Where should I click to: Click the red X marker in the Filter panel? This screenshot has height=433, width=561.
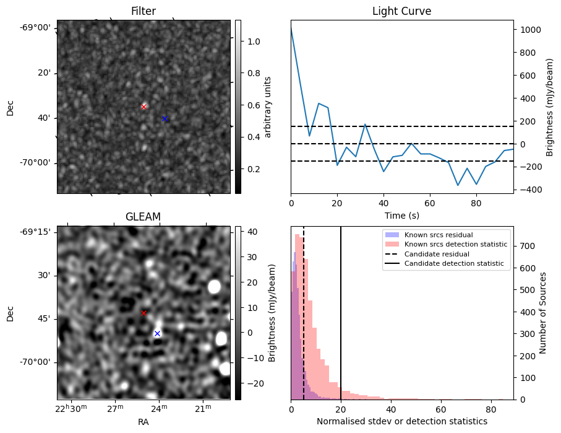[144, 107]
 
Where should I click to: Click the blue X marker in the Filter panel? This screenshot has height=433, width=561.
[165, 118]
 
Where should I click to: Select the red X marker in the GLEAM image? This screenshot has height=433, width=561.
[144, 313]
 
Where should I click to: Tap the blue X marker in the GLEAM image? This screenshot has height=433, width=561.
[157, 333]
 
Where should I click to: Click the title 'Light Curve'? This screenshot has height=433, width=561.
[401, 11]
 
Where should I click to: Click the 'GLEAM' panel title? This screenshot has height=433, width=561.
[143, 217]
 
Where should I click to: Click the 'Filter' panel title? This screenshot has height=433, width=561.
[143, 11]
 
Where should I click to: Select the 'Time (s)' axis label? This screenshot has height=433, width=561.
[401, 214]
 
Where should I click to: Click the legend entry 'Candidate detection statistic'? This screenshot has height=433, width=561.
[453, 264]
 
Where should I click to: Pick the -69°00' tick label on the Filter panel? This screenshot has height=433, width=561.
[35, 27]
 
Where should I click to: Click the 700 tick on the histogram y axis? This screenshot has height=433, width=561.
[525, 246]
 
